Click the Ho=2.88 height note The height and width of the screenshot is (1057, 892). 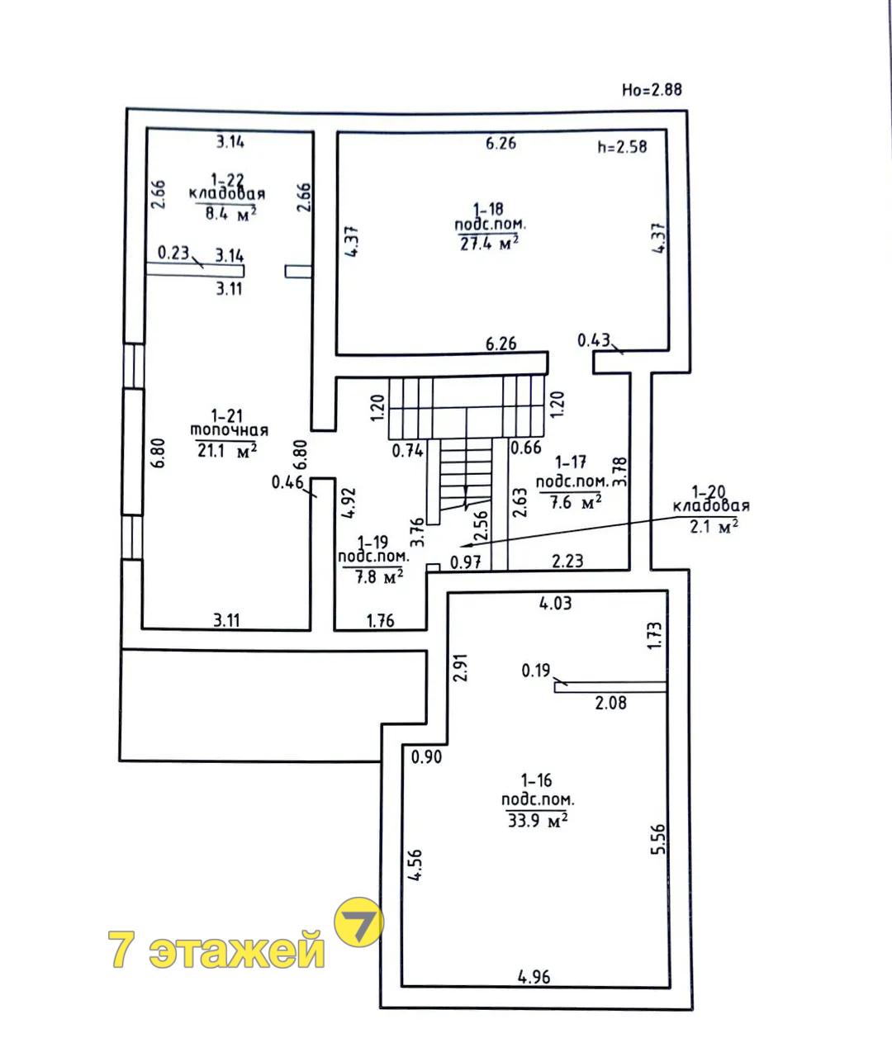coord(652,90)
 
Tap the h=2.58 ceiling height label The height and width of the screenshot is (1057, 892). coord(622,147)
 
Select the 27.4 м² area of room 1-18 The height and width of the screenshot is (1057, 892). coord(489,244)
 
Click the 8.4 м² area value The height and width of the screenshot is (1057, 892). coord(231,213)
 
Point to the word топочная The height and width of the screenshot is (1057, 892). coord(230,431)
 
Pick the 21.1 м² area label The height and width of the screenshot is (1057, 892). coord(227,449)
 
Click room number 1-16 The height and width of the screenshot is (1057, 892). coord(537,780)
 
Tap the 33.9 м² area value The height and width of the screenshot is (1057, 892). coord(538,821)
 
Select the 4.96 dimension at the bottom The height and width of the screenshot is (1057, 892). coord(534,977)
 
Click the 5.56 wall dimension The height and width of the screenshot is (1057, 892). coord(658,839)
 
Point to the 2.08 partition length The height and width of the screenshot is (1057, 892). coord(610,703)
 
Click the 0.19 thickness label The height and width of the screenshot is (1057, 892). coord(535,671)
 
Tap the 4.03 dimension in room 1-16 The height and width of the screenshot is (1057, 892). coord(555,604)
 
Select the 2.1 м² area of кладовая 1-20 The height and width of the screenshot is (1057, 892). coord(714,527)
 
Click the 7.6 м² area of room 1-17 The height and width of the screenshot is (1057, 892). coord(576,503)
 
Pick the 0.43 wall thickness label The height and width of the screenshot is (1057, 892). coord(594,340)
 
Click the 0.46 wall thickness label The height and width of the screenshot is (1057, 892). coord(287,482)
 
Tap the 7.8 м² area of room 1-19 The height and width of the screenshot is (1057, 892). coord(379,576)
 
